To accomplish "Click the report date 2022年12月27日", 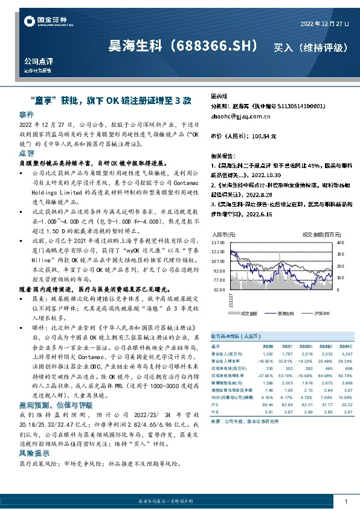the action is click(x=324, y=24).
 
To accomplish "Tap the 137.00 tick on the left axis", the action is click(x=217, y=242).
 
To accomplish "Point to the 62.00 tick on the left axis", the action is click(x=219, y=290).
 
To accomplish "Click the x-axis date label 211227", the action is click(x=230, y=300).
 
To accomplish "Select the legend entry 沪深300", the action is click(x=322, y=314).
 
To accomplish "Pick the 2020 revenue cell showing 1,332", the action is click(x=269, y=354).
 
